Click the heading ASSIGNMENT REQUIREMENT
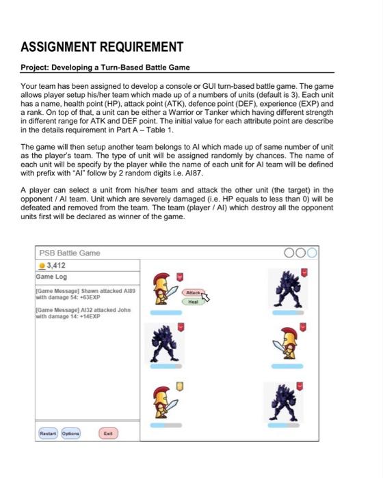(x=102, y=47)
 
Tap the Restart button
(x=48, y=433)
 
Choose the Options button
(x=71, y=433)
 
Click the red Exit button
(x=108, y=433)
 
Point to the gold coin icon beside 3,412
(x=40, y=265)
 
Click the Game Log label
(x=52, y=277)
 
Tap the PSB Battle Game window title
(x=69, y=253)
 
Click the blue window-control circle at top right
(x=313, y=253)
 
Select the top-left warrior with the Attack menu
(x=163, y=289)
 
